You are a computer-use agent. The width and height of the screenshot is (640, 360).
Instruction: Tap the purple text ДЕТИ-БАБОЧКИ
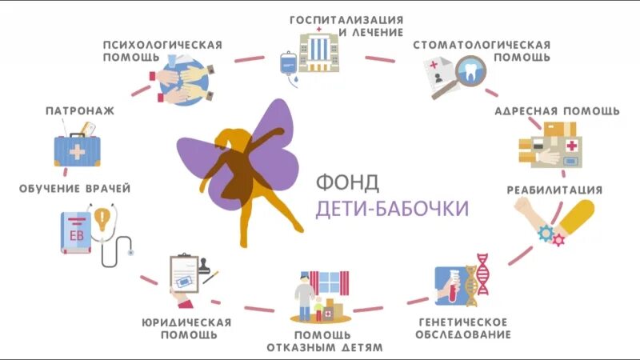392,208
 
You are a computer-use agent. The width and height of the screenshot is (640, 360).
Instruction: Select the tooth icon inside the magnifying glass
473,72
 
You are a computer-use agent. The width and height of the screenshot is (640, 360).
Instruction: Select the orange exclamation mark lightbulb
102,218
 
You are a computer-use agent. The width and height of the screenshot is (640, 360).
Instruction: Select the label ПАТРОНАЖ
79,111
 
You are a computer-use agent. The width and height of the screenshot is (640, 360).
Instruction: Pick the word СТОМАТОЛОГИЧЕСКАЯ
482,44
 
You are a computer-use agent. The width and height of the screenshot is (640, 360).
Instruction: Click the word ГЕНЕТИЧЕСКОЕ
464,322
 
